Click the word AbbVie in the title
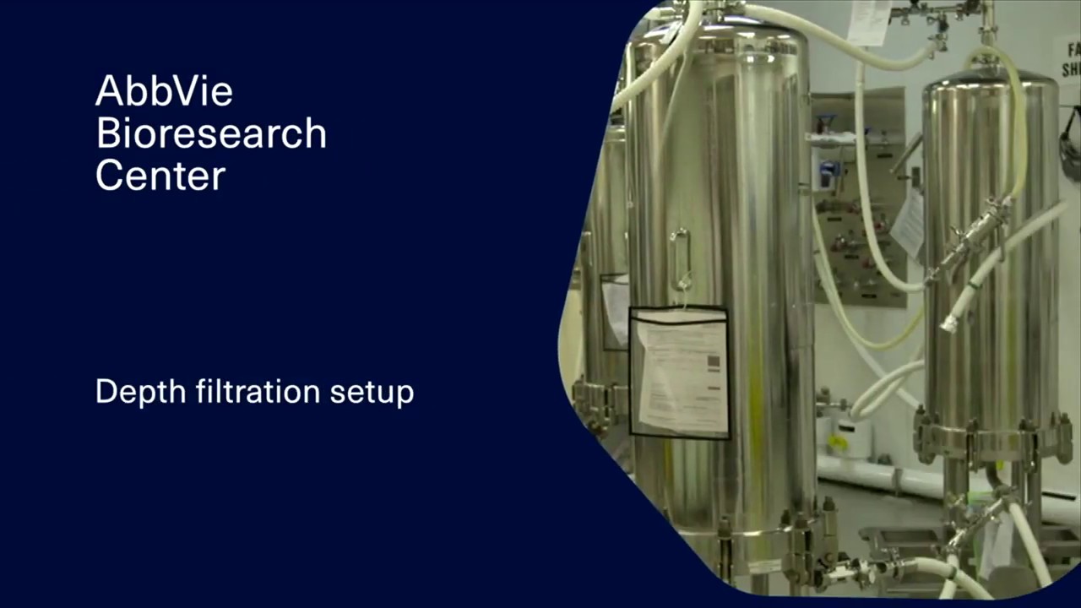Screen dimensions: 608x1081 tap(164, 90)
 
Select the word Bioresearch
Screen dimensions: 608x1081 tap(210, 133)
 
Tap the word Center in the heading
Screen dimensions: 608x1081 tap(160, 176)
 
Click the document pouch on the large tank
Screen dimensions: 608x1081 tap(680, 372)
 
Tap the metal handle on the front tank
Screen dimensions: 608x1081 tap(681, 257)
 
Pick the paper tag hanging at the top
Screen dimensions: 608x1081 tap(869, 22)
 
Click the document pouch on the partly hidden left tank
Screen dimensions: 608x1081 tap(615, 309)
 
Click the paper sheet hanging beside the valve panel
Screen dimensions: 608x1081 tap(909, 224)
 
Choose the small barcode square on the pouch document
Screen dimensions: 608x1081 tap(713, 363)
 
